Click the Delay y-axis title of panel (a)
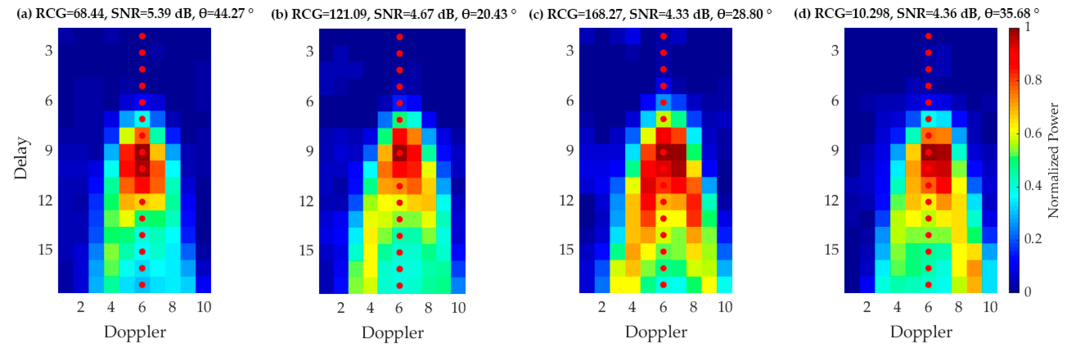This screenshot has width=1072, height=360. click(21, 158)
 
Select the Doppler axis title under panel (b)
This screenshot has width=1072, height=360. click(392, 333)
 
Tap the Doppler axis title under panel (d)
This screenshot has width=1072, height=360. click(921, 332)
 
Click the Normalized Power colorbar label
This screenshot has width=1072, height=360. click(1053, 160)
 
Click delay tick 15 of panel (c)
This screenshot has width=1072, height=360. click(566, 250)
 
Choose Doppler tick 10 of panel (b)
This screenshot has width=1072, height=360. click(458, 308)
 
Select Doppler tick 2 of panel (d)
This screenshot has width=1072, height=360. click(867, 307)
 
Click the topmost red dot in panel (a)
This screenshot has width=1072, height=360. click(142, 36)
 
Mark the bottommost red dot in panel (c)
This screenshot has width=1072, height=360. click(663, 285)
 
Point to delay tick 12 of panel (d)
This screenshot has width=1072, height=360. click(831, 201)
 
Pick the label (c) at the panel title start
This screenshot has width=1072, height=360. click(536, 14)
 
